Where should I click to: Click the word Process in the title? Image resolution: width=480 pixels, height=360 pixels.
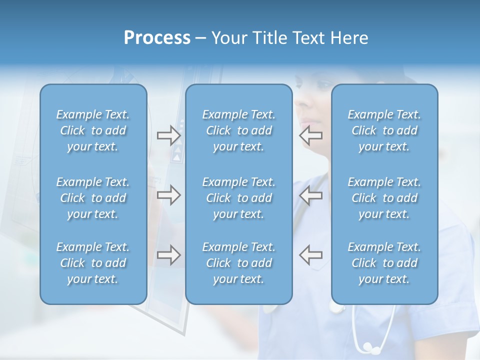(157, 38)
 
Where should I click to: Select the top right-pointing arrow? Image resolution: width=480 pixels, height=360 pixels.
(168, 135)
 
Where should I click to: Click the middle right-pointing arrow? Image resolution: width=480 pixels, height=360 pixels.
(168, 195)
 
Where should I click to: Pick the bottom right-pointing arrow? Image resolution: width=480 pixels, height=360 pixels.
(168, 255)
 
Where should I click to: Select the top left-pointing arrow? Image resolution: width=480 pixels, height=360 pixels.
(311, 135)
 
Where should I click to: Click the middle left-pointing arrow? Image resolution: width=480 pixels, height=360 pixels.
(311, 195)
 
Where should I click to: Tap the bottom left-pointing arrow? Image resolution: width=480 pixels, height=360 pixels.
(311, 255)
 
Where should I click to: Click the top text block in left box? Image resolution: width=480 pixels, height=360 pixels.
(93, 130)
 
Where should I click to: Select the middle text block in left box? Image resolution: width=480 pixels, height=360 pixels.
(93, 198)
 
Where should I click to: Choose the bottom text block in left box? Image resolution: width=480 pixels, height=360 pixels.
(93, 263)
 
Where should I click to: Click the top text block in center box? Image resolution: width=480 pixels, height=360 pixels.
(239, 130)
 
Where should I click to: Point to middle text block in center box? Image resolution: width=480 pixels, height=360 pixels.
(239, 198)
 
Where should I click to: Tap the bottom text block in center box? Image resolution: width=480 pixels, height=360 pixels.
(239, 263)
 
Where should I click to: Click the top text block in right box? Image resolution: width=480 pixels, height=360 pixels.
(384, 130)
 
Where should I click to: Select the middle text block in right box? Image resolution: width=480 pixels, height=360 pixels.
(384, 198)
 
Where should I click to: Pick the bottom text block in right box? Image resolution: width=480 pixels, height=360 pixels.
(384, 263)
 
